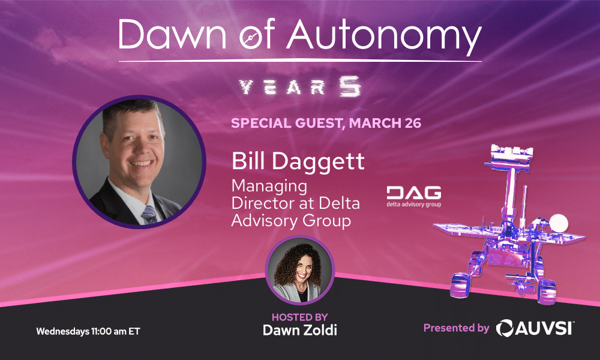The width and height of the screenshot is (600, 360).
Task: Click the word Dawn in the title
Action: [172, 34]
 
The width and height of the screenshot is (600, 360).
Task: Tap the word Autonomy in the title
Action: [384, 37]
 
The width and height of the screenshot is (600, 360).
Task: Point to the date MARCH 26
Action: [385, 123]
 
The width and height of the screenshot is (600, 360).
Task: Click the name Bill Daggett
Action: [298, 161]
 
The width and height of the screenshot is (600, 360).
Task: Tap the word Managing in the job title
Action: [269, 187]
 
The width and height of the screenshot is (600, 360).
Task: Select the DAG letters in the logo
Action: [414, 193]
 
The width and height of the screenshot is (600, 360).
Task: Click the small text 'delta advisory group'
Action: [413, 204]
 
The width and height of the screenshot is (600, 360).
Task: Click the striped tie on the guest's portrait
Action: [149, 215]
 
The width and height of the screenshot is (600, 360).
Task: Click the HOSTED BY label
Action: [299, 317]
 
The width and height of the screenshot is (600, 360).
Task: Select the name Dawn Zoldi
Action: [299, 330]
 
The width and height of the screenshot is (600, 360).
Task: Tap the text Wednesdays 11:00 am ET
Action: [88, 331]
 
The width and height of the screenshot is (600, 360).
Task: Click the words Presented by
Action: [457, 328]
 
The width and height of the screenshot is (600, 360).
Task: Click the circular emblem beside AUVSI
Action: [505, 328]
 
